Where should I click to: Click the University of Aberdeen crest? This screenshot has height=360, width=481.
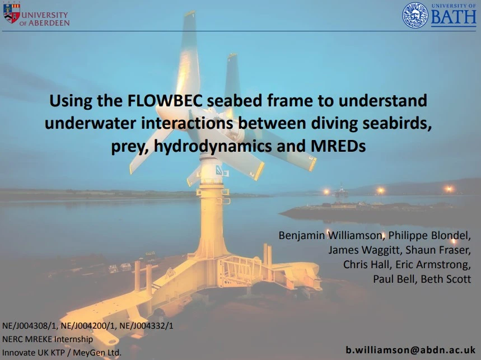11,13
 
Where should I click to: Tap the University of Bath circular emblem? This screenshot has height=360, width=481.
415,15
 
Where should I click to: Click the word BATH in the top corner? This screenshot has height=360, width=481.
453,18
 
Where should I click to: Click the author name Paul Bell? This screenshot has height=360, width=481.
394,279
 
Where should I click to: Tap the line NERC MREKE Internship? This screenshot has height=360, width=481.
48,339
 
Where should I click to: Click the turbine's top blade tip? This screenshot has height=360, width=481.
190,14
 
